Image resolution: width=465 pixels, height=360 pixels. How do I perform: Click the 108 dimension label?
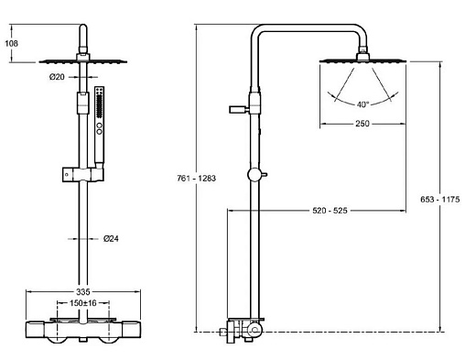(12, 43)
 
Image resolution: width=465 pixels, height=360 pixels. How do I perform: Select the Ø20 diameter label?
(57, 77)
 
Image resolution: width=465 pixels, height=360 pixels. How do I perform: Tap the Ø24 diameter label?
(111, 239)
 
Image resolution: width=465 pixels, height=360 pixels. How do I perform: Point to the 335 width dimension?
(83, 292)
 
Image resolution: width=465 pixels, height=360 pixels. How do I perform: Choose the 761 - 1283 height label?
(196, 179)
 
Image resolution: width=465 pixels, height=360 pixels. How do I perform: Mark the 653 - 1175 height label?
(439, 200)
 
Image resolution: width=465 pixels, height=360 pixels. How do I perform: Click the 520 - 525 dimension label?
(330, 211)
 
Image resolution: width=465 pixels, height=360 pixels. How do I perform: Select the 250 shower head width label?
(362, 124)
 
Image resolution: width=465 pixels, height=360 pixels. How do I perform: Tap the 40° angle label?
(362, 104)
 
